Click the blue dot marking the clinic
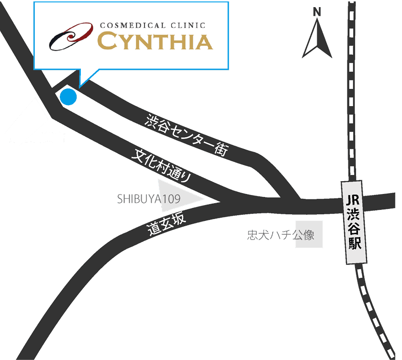68,97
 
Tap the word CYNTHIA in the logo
156,42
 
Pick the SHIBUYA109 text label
148,199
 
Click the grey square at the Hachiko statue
309,234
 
